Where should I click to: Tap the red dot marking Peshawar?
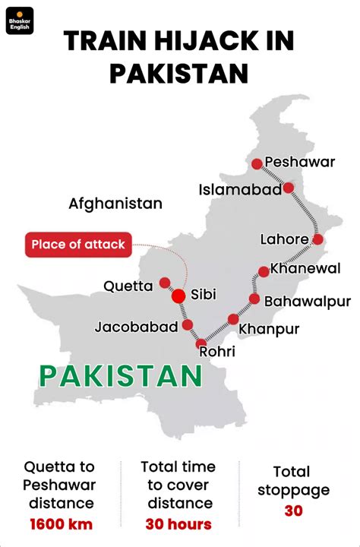pyautogui.click(x=257, y=163)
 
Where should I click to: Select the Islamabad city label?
pyautogui.click(x=240, y=189)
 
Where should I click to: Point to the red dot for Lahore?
pyautogui.click(x=317, y=239)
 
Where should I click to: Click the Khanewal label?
pyautogui.click(x=305, y=268)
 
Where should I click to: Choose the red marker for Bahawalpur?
pyautogui.click(x=254, y=299)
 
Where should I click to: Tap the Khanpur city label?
pyautogui.click(x=269, y=329)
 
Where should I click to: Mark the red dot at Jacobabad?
pyautogui.click(x=188, y=325)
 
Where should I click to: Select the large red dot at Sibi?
pyautogui.click(x=179, y=296)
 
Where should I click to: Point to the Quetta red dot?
pyautogui.click(x=165, y=283)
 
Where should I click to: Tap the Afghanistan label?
pyautogui.click(x=115, y=204)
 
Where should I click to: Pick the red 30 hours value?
pyautogui.click(x=178, y=523)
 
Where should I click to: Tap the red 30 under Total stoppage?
pyautogui.click(x=293, y=511)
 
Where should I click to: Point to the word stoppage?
pyautogui.click(x=293, y=490)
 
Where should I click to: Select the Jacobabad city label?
pyautogui.click(x=137, y=327)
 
